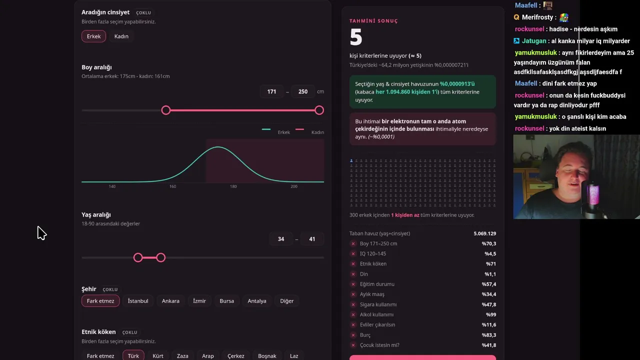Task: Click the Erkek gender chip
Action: (93, 36)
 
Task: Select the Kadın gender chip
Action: (121, 36)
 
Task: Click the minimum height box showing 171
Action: (271, 91)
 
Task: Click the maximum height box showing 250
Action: (303, 91)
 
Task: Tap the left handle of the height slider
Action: (165, 110)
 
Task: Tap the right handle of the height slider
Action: (319, 110)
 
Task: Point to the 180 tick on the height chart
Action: (233, 186)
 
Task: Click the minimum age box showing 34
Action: (281, 239)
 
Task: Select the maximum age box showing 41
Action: (312, 239)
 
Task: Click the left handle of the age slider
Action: (138, 257)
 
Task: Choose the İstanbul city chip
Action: (138, 301)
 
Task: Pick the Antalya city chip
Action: (257, 301)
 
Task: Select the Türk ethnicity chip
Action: (133, 355)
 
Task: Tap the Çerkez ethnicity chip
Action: (235, 355)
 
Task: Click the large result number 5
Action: (356, 37)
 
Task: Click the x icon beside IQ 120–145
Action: (353, 253)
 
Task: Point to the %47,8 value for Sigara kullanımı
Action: (489, 304)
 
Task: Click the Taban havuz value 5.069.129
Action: (485, 233)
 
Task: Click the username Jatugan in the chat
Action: (534, 41)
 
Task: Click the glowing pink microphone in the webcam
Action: (593, 194)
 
